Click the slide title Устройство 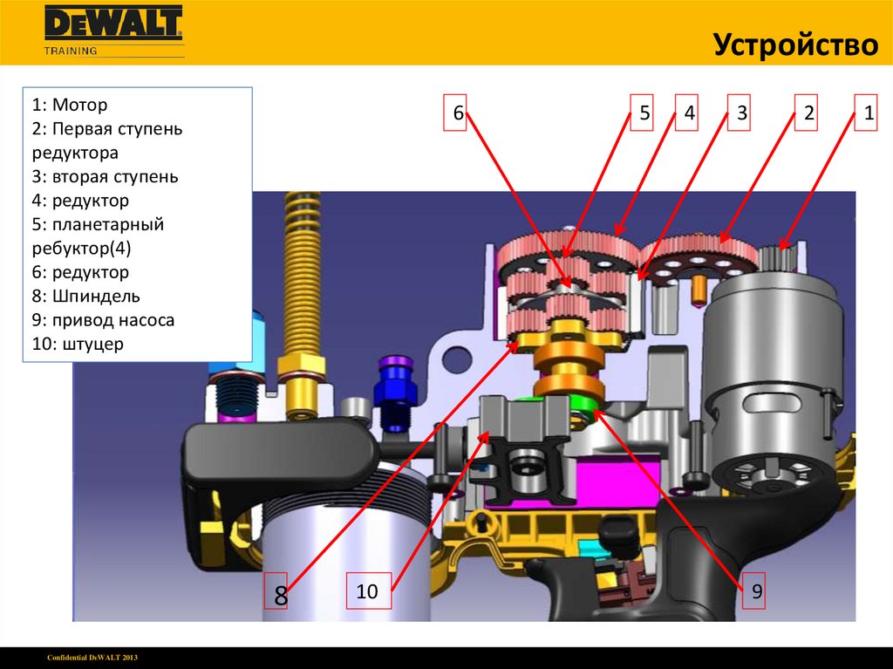coord(795,44)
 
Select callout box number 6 coord(455,113)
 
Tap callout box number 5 coord(641,113)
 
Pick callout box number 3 coord(739,113)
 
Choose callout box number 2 coord(806,113)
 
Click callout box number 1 coord(866,113)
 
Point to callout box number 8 coord(276,590)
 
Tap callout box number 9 coord(753,590)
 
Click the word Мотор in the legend coord(79,105)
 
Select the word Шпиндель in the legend coord(96,297)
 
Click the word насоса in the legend coord(145,320)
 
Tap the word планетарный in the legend coord(107,224)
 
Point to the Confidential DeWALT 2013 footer coord(92,658)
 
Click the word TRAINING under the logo coord(71,51)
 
